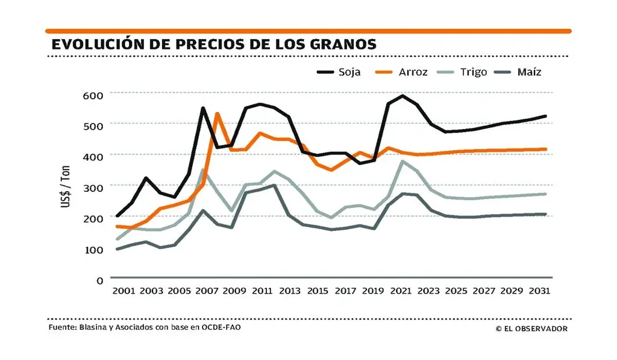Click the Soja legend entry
coord(349,72)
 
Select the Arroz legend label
coord(413,72)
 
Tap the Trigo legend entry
coord(474,72)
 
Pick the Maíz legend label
coord(529,72)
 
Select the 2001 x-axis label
coord(124,291)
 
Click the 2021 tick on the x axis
coord(401,291)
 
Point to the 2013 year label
coord(290,291)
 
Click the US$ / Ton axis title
coord(66,188)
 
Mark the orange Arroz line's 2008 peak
coord(217,113)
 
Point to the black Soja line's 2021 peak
coord(402,95)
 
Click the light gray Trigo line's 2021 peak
coord(402,161)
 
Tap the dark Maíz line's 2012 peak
coord(275,185)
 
